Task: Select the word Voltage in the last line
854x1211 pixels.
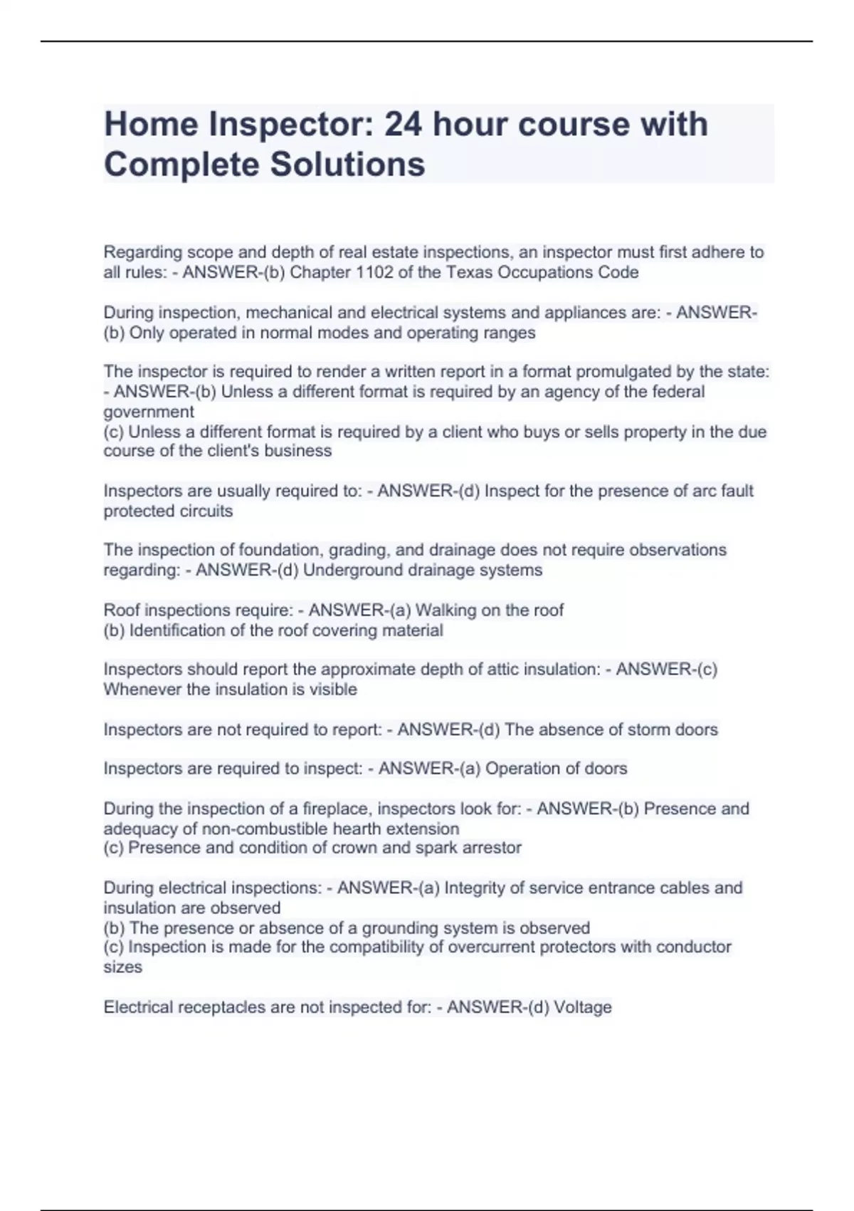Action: (x=582, y=1007)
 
